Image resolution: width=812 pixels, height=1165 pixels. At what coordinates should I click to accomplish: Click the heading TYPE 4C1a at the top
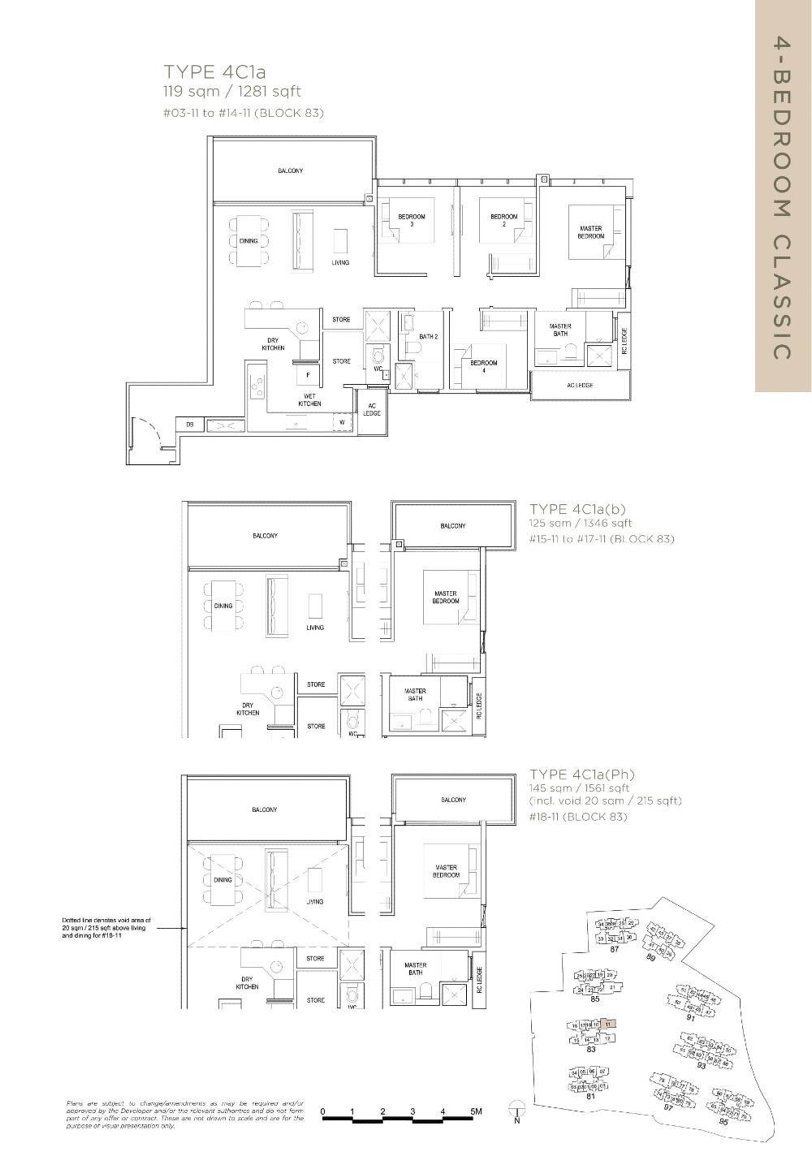click(209, 72)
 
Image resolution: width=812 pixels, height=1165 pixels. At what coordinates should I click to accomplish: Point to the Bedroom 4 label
click(484, 366)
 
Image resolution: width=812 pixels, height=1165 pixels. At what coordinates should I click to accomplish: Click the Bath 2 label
click(428, 336)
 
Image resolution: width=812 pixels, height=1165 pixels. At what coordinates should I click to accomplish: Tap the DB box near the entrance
click(189, 425)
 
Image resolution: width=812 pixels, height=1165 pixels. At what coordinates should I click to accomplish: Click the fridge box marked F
click(308, 375)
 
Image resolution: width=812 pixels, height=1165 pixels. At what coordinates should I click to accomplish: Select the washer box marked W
click(341, 422)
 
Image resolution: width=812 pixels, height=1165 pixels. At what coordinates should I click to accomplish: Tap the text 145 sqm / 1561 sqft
click(579, 787)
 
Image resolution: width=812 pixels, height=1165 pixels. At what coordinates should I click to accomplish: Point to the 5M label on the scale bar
click(475, 1111)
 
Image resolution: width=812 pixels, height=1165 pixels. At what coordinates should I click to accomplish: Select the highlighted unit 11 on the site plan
click(610, 1025)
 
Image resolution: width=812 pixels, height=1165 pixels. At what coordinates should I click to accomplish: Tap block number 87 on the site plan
click(615, 949)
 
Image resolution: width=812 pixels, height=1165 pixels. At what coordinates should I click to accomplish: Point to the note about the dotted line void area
click(105, 928)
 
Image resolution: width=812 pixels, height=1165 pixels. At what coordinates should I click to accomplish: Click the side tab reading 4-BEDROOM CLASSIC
click(782, 196)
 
